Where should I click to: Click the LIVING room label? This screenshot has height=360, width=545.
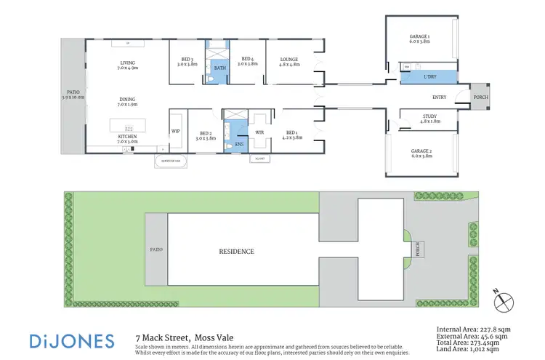coord(128,63)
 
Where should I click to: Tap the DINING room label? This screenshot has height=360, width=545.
coord(128,100)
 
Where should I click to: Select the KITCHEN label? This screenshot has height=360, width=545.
coord(128,136)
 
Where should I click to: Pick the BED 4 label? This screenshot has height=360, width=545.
coord(248,60)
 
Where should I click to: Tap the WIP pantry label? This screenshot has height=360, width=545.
coord(175,132)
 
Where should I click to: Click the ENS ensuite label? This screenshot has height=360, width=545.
coord(239,144)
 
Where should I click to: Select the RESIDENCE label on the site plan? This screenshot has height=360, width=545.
coord(237,252)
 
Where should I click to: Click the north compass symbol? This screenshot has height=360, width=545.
coord(506,298)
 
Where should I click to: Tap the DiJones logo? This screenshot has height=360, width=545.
coord(72,340)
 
